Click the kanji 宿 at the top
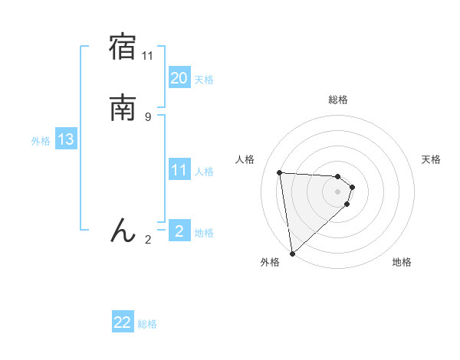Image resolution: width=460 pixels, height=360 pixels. [123, 47]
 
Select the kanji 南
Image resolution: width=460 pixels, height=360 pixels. [123, 108]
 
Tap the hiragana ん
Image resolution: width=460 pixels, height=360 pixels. [123, 231]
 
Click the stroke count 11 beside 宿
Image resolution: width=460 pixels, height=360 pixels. [148, 55]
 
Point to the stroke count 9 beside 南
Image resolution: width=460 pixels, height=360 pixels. [147, 116]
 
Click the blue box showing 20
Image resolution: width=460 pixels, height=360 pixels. [179, 78]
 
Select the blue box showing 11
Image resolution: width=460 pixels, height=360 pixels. [179, 170]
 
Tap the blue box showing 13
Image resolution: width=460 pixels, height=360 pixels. [65, 139]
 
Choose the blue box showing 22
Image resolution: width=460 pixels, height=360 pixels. [123, 323]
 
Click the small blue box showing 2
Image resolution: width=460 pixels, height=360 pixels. [179, 231]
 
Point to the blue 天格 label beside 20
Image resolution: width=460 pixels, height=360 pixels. [204, 80]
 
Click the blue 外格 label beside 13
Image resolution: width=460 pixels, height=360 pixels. [41, 141]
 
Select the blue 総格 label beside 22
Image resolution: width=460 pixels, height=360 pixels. [147, 324]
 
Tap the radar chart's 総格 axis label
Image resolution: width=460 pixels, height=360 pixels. [338, 100]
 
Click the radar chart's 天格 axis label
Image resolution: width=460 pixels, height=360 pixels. [432, 159]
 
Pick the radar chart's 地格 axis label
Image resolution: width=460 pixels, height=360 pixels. [402, 263]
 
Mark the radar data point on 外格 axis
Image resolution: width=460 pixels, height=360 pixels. [292, 253]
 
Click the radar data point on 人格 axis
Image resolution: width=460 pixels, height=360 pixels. [280, 172]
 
